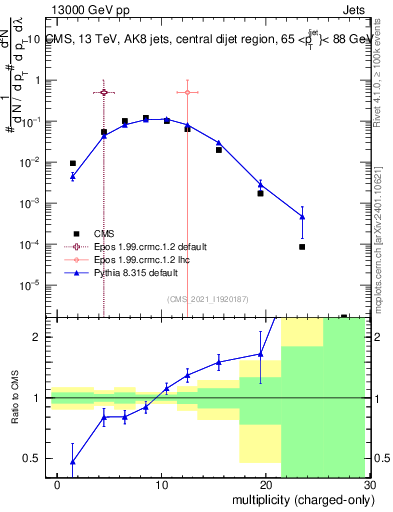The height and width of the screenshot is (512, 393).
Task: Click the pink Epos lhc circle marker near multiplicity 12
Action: coord(187,92)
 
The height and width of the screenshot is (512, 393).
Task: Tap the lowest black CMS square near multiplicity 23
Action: coord(302,246)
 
